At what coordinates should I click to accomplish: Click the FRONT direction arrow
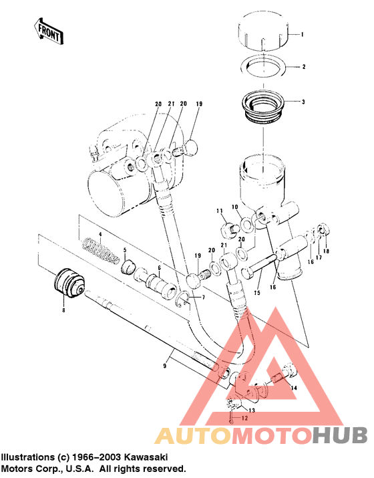tap(49, 31)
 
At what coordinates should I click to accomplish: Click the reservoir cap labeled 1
tap(262, 31)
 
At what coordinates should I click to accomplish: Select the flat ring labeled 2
tap(263, 66)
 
